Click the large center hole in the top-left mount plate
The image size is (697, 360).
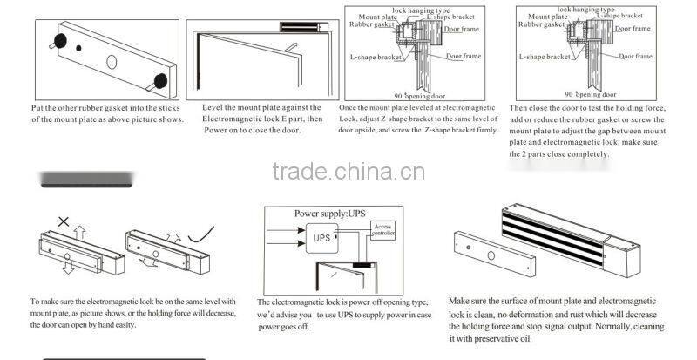(x=112, y=62)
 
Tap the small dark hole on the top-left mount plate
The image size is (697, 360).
(x=79, y=49)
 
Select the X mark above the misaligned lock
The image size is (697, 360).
(x=63, y=222)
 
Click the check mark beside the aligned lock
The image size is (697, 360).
(x=206, y=232)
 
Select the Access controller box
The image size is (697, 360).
(x=383, y=230)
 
